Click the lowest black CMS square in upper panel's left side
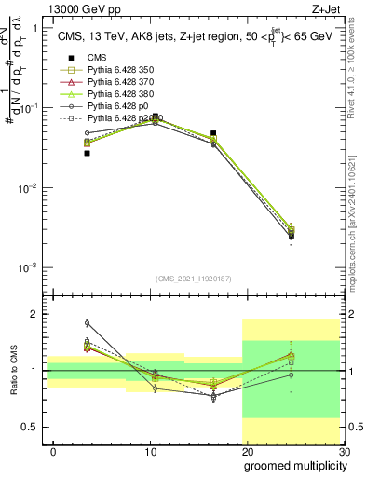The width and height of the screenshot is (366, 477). [x=87, y=153]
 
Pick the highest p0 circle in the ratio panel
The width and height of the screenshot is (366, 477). [x=87, y=322]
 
